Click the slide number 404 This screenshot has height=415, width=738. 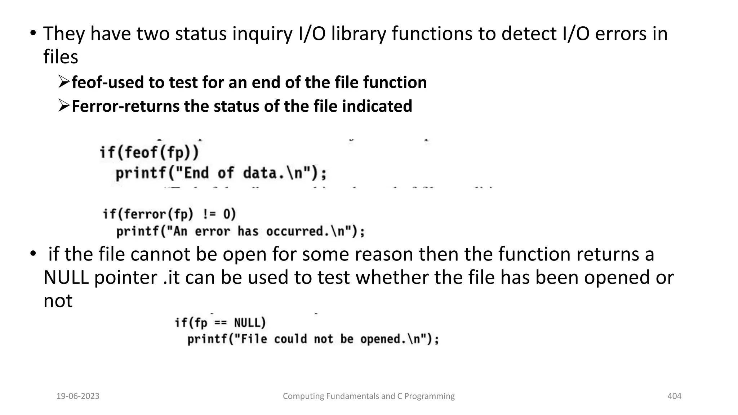click(674, 396)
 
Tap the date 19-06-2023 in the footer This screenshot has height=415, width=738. click(78, 396)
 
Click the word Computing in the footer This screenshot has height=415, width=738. click(303, 396)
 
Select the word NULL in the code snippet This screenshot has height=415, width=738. click(249, 323)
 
